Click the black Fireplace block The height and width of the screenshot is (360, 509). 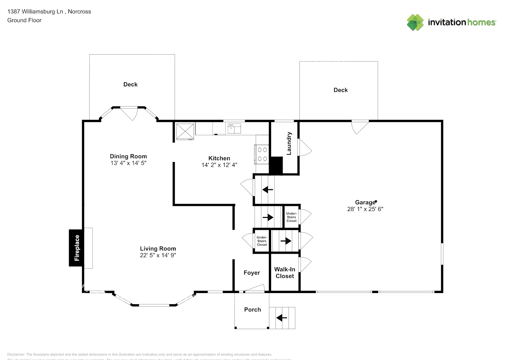76,248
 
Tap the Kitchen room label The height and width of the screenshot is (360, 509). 219,158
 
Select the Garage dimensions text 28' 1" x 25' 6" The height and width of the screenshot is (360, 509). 365,209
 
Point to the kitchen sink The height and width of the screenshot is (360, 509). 234,128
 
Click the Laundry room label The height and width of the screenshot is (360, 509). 289,143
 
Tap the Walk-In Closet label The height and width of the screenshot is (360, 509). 285,273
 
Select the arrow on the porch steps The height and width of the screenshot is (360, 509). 281,318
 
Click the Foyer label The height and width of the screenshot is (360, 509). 252,273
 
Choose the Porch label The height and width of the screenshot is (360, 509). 252,310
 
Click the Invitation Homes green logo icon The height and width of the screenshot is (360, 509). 415,22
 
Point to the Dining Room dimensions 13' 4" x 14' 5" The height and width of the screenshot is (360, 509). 128,163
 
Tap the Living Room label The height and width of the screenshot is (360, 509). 158,248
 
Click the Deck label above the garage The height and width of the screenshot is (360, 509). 341,90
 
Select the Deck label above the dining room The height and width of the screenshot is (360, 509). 130,84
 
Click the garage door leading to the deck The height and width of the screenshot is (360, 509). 360,126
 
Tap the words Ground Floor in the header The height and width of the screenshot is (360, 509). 24,20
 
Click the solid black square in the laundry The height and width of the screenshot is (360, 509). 276,165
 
